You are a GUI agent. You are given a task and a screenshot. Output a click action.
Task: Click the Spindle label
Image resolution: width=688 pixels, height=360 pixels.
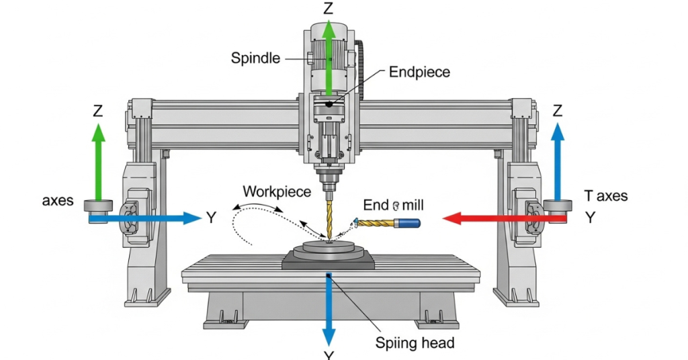(255, 58)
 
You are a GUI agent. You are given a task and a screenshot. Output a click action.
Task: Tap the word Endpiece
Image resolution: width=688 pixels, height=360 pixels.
(419, 72)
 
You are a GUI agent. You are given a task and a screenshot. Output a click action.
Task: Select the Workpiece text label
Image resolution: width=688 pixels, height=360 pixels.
(277, 191)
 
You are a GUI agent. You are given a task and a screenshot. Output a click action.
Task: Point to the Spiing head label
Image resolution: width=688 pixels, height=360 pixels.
(415, 343)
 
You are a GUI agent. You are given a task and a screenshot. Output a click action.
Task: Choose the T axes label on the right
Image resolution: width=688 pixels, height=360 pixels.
(605, 196)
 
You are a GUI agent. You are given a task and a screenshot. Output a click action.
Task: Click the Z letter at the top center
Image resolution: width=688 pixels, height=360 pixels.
(329, 9)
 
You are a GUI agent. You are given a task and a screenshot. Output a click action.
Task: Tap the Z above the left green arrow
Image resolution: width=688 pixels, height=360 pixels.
(98, 111)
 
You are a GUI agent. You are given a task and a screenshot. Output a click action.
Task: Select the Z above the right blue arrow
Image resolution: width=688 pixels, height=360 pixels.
(557, 110)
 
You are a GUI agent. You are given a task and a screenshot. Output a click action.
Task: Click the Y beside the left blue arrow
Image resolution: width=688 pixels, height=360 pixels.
(210, 218)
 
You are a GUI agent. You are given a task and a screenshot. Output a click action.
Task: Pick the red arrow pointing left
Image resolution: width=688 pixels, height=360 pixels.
(504, 218)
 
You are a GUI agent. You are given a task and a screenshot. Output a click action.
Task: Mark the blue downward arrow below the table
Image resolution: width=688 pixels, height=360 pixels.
(329, 309)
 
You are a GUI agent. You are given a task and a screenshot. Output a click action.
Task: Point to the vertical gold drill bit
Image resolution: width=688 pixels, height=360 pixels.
(329, 215)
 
